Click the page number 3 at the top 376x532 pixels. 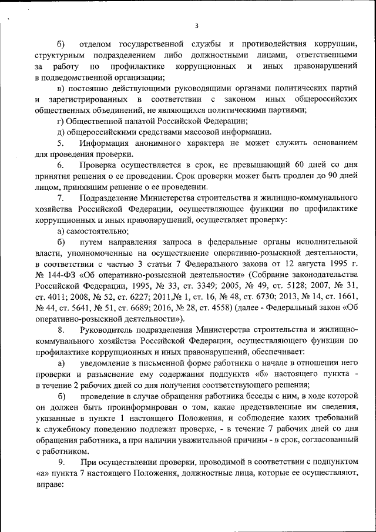pyautogui.click(x=197, y=25)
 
